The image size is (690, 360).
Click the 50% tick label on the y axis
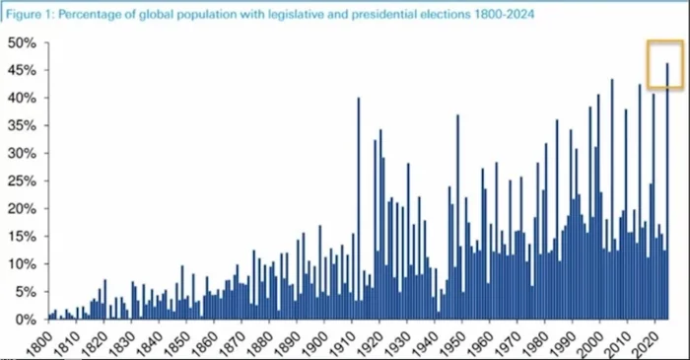point(22,43)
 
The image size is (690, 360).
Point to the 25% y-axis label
point(22,180)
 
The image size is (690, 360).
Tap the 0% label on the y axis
point(25,320)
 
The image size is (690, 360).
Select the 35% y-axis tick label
point(22,126)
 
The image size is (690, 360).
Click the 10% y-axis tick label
point(22,264)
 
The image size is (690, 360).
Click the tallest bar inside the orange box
point(667,191)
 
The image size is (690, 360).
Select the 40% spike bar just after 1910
point(359,209)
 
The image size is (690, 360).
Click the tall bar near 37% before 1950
point(457,217)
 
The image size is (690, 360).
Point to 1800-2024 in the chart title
point(505,15)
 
